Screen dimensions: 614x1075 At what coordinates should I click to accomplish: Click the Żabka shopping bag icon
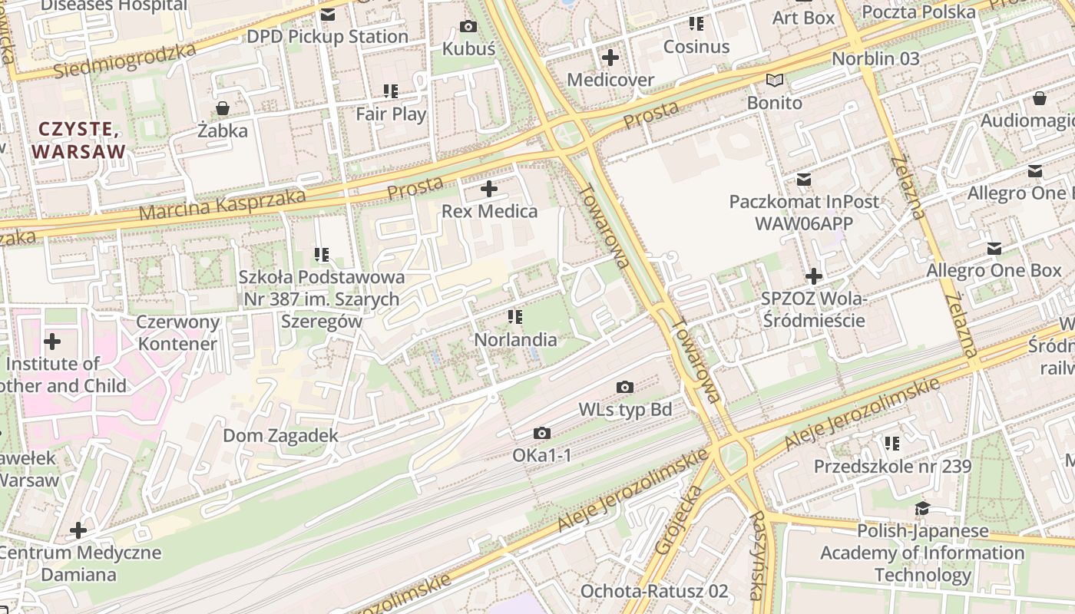point(222,108)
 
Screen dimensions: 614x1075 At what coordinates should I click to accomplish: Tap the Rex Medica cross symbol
point(489,189)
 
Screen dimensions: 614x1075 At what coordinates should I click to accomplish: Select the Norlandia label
point(515,339)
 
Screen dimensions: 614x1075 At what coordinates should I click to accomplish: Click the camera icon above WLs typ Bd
point(625,388)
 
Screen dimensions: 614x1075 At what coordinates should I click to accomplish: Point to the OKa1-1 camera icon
point(542,434)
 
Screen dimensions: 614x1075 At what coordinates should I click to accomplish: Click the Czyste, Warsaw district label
point(78,140)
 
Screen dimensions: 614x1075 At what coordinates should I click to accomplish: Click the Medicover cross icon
point(610,58)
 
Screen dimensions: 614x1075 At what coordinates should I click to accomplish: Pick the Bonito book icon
point(775,81)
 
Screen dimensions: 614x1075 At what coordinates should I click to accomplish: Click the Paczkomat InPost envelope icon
point(803,180)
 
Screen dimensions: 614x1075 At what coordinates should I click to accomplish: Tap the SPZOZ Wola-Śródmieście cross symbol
point(814,276)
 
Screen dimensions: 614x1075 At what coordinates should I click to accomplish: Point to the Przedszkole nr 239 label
point(892,466)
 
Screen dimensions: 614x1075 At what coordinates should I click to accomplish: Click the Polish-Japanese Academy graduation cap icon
point(922,509)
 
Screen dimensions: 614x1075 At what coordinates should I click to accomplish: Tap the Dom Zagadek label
point(280,436)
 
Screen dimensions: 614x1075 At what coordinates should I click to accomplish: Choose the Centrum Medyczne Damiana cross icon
point(78,530)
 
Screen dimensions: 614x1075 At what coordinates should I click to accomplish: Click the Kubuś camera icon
point(468,27)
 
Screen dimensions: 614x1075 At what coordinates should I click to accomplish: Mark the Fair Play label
point(391,114)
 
